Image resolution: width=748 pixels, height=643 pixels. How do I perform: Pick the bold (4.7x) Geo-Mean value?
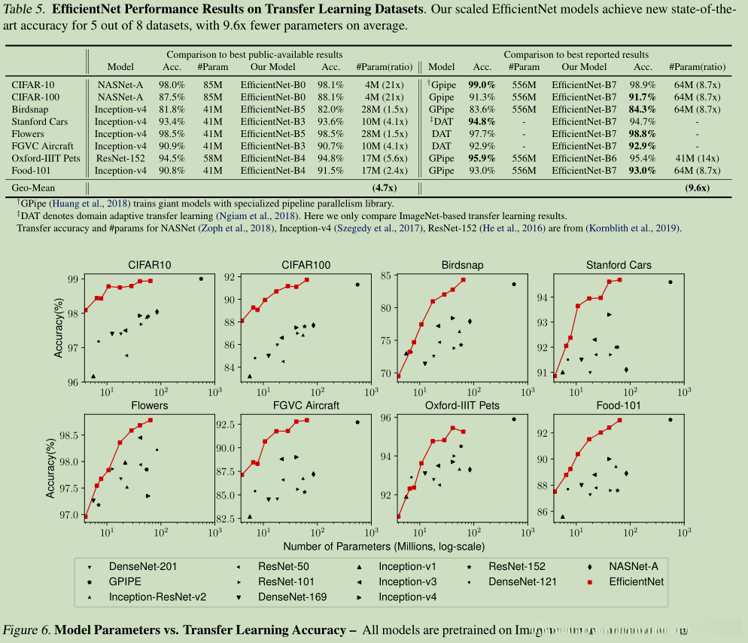coord(386,188)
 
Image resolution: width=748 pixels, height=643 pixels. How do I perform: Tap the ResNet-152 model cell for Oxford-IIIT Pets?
coord(120,158)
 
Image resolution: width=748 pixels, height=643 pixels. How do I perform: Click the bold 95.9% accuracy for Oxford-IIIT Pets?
coord(482,158)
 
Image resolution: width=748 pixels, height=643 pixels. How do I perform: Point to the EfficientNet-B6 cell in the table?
coord(585,158)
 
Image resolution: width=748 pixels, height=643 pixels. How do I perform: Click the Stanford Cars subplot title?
coord(619,265)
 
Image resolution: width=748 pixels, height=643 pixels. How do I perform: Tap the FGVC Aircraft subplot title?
coord(300,405)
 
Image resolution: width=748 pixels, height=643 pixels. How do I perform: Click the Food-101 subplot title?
coord(619,405)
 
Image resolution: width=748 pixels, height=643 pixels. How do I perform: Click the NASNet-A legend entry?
coord(631,566)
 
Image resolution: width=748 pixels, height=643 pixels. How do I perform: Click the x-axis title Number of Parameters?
coord(384,546)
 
